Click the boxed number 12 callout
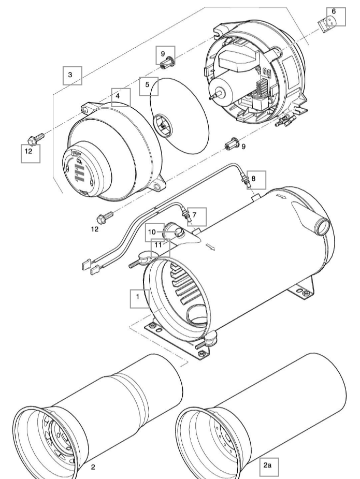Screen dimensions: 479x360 [30, 153]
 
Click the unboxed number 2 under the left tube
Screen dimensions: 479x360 [93, 468]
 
